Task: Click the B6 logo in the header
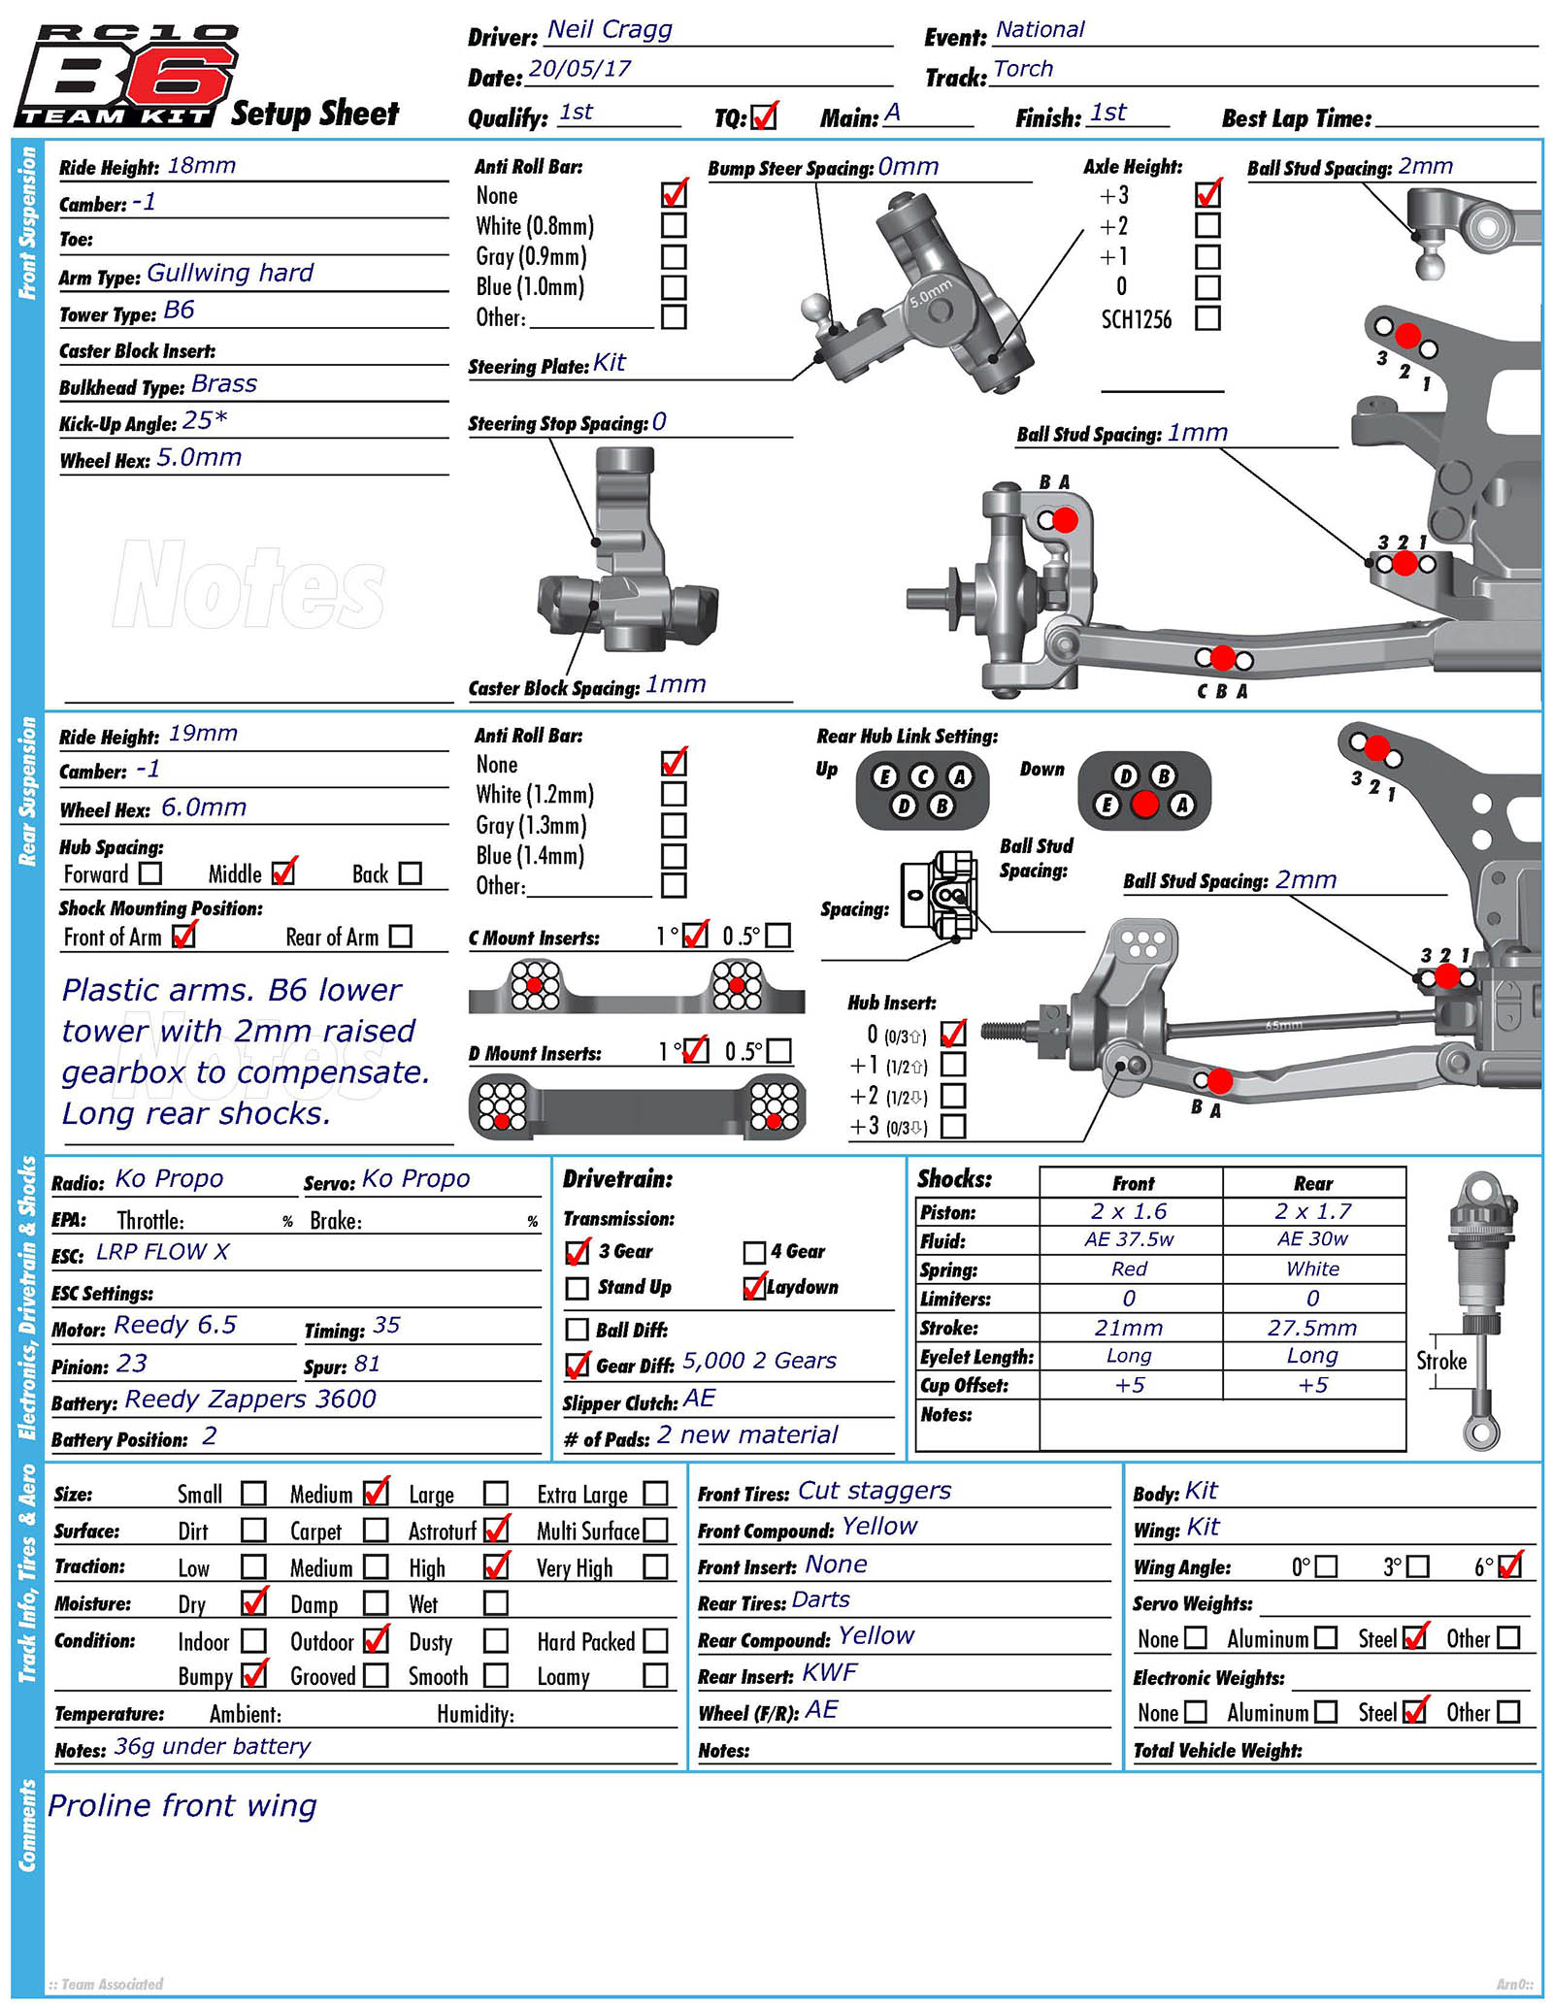click(126, 78)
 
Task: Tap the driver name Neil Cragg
click(610, 30)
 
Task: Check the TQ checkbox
click(764, 117)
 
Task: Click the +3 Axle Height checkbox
click(1207, 195)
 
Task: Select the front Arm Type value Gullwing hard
click(230, 273)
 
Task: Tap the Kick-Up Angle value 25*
click(205, 420)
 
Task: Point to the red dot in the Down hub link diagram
click(1145, 805)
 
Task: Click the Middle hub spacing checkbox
click(283, 873)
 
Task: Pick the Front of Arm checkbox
click(182, 936)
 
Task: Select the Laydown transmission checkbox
click(754, 1288)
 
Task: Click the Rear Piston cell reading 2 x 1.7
click(1312, 1211)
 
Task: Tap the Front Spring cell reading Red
click(1129, 1268)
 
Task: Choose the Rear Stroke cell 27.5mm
click(1312, 1328)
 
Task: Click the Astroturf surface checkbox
click(496, 1531)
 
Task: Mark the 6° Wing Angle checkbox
click(1509, 1566)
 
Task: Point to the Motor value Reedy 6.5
click(175, 1326)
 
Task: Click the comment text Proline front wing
click(182, 1805)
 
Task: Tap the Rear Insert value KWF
click(830, 1673)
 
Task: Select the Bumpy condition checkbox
click(253, 1675)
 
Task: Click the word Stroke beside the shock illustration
click(1440, 1361)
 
